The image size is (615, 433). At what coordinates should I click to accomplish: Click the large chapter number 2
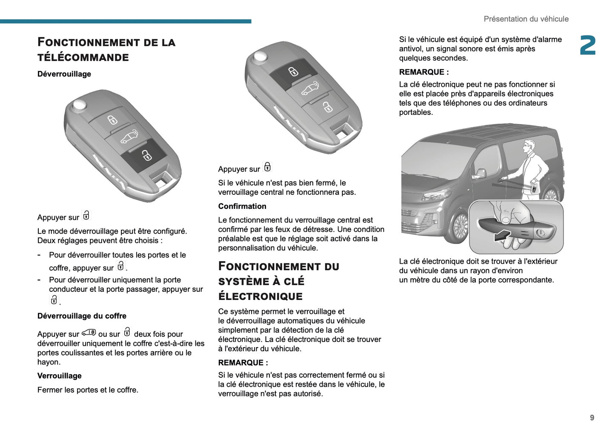[x=587, y=46]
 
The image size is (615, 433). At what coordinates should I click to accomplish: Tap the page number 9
[x=592, y=418]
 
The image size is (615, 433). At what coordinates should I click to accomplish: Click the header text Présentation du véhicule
[x=526, y=19]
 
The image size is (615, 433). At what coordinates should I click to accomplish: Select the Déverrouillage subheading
[x=64, y=74]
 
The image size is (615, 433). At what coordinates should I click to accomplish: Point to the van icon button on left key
[x=129, y=137]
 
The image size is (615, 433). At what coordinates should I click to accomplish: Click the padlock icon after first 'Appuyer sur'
[x=86, y=216]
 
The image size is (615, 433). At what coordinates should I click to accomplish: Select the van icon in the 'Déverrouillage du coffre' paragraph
[x=89, y=333]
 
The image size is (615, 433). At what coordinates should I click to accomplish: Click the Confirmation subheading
[x=242, y=206]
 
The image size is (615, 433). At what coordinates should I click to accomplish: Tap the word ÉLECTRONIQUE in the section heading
[x=260, y=296]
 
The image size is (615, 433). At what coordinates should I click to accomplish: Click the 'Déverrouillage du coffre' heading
[x=82, y=316]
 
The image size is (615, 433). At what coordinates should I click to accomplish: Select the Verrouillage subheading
[x=60, y=376]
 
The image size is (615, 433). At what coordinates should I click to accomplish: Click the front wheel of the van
[x=461, y=226]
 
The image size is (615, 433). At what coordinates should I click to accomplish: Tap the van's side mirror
[x=480, y=174]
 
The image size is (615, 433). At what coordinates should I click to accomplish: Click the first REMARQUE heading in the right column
[x=424, y=72]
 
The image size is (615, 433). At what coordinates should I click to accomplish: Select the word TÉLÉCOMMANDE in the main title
[x=83, y=57]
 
